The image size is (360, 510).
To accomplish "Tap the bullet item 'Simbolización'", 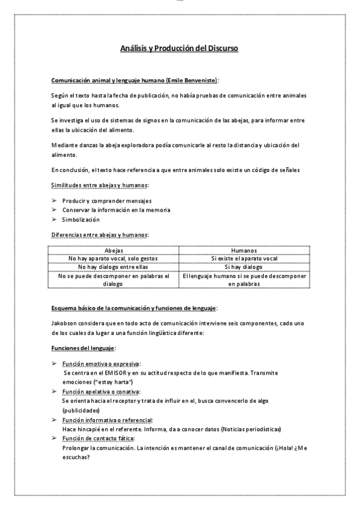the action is coord(81,220).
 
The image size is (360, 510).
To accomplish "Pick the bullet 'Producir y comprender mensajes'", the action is coord(99,200).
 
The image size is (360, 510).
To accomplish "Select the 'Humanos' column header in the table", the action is coord(245,250).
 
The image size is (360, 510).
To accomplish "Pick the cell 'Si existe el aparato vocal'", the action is coord(245,259).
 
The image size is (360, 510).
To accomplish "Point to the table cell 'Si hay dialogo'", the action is coord(245,267).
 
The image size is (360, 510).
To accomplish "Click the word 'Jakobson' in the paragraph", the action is coord(64,323).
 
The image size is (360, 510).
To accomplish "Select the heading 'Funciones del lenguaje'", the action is coord(82,348).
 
